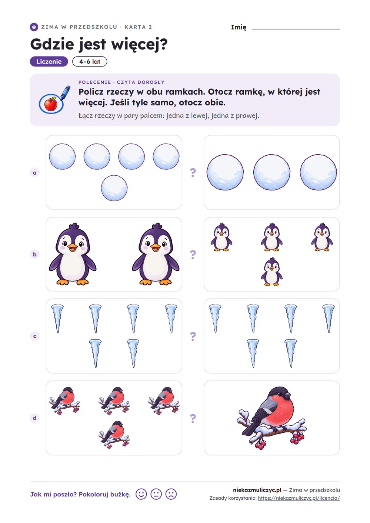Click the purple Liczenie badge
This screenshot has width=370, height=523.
point(49,62)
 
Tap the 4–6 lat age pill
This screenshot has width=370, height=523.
point(90,62)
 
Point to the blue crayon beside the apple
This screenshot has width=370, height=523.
point(65,93)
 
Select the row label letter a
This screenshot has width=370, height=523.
point(34,173)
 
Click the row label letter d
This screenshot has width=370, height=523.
point(34,418)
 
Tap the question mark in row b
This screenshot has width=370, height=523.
point(193,254)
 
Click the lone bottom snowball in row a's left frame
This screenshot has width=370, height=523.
point(114,188)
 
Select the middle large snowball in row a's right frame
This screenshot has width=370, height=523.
point(271,172)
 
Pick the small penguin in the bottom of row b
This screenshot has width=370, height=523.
point(271,271)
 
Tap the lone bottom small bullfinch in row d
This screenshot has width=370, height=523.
point(114,435)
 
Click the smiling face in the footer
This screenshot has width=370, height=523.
point(141,494)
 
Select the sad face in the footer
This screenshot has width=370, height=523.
point(171,494)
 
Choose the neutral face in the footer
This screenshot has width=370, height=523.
point(156,494)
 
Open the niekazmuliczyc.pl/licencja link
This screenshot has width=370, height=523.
point(299,498)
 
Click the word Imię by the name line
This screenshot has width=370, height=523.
point(239,27)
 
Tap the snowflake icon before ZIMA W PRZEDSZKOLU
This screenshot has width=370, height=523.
point(34,27)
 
